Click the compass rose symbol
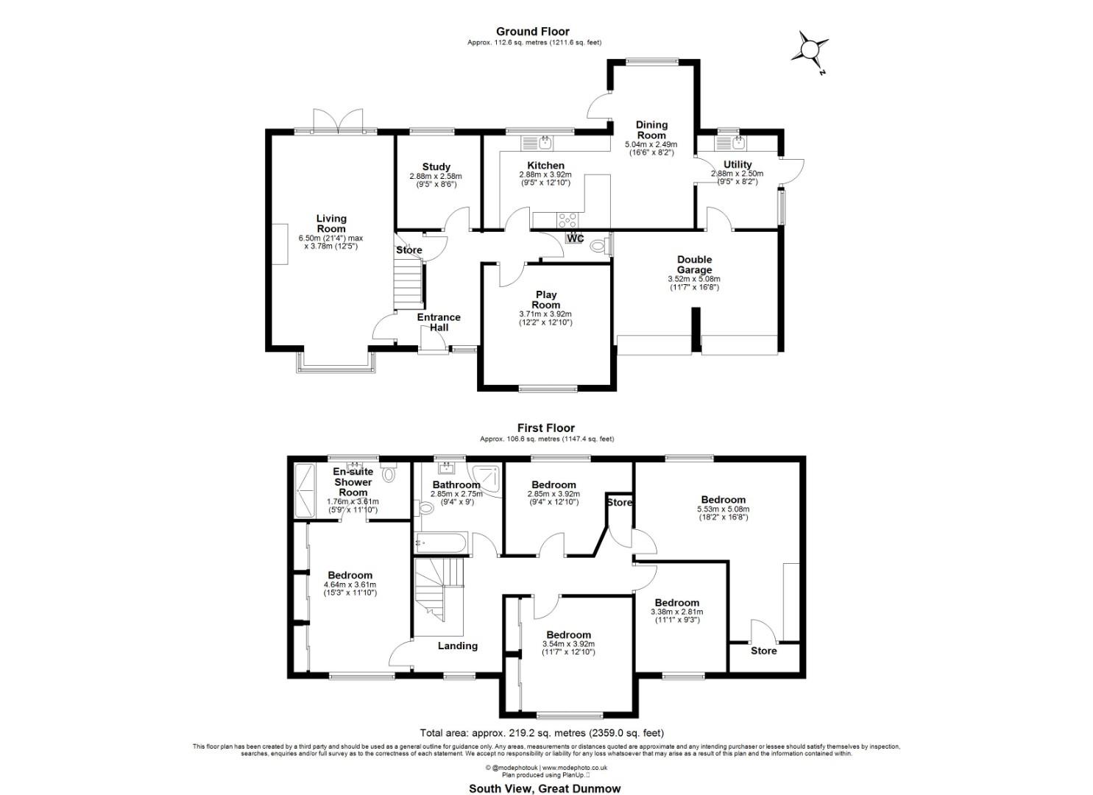coord(809,49)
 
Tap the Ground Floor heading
coord(532,31)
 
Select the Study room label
coord(436,166)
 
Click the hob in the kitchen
coord(567,219)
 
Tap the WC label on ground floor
coord(575,239)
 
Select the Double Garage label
coord(694,264)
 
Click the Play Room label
coord(545,300)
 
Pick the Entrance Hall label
coord(439,322)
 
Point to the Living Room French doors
coord(338,121)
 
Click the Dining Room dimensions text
coord(651,149)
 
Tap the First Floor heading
coord(545,428)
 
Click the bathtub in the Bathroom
coord(439,544)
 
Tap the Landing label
coord(457,646)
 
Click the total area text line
coord(542,732)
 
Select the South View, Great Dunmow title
coord(545,788)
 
